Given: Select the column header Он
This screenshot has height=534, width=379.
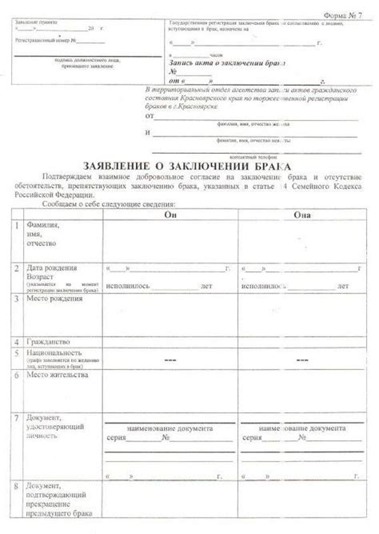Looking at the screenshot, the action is click(x=169, y=215).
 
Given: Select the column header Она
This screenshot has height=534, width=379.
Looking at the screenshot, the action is click(x=303, y=215).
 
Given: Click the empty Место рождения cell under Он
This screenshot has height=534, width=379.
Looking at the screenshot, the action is click(x=169, y=312).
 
